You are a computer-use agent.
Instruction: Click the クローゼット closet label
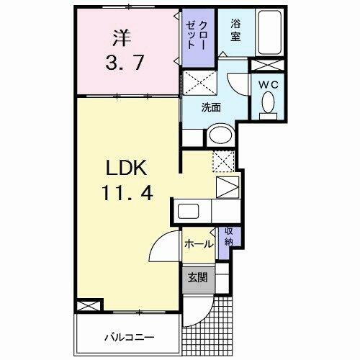(193, 35)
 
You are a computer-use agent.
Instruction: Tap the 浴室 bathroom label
(235, 28)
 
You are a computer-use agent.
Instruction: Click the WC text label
(269, 83)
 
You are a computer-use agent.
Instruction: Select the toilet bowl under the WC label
(269, 105)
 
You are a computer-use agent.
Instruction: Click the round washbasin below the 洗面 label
(220, 135)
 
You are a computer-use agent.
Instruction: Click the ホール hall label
(197, 244)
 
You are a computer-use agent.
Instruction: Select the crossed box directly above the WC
(268, 64)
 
